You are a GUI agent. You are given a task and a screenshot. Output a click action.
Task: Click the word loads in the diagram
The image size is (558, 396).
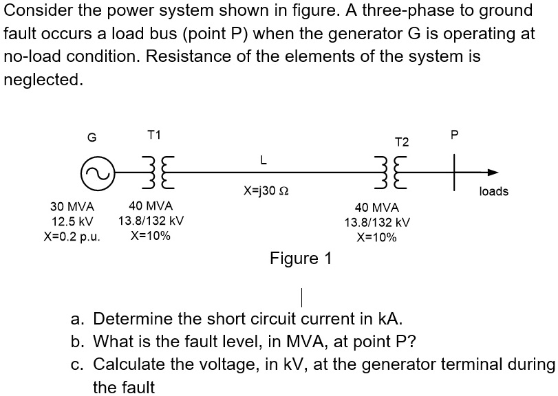[x=494, y=191]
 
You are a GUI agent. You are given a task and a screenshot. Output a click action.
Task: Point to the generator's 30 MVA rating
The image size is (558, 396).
[x=72, y=206]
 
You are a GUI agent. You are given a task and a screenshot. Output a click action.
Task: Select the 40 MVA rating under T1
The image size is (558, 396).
[x=151, y=206]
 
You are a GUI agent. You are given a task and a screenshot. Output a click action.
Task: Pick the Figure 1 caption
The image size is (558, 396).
[x=301, y=259]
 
